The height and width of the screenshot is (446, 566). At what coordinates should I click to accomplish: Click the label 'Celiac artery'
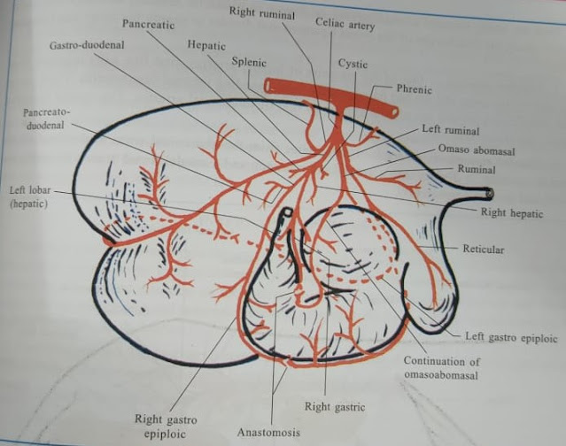(345, 26)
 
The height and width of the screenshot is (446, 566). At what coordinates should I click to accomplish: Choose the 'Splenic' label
(249, 64)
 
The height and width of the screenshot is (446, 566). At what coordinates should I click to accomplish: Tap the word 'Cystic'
(353, 65)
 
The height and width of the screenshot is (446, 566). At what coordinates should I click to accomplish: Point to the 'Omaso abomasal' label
(477, 150)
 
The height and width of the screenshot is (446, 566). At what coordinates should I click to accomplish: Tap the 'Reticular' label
(483, 250)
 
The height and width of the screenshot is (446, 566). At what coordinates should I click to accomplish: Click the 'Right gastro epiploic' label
(166, 426)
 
